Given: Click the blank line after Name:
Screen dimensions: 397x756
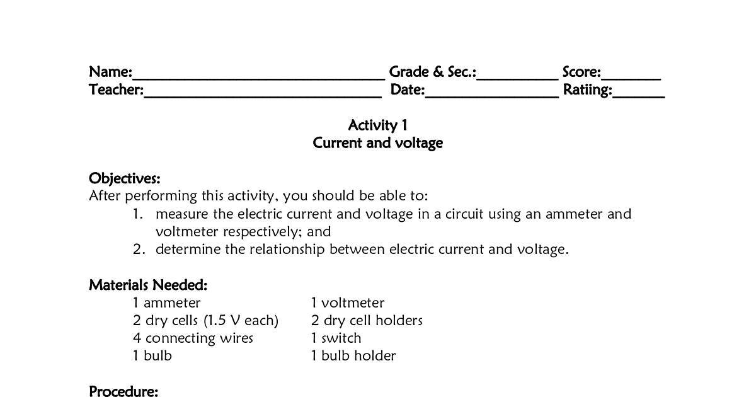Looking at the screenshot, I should pyautogui.click(x=258, y=77).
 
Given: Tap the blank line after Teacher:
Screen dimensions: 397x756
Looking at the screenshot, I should pyautogui.click(x=262, y=95).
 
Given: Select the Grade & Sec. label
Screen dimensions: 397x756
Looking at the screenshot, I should pyautogui.click(x=432, y=72).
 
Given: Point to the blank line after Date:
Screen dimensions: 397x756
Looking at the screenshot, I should pyautogui.click(x=491, y=95).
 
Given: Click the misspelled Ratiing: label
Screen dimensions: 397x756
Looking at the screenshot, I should pyautogui.click(x=587, y=90).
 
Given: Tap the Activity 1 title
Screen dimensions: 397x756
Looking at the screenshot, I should pyautogui.click(x=378, y=125).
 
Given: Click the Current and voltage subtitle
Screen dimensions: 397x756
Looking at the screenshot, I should pyautogui.click(x=378, y=143).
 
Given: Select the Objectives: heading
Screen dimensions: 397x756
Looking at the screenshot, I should pyautogui.click(x=125, y=178).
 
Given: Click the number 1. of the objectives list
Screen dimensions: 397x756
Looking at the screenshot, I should pyautogui.click(x=139, y=214).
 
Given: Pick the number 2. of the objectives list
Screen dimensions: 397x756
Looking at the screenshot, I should pyautogui.click(x=139, y=250).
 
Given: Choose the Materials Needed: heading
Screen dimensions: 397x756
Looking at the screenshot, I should pyautogui.click(x=148, y=285).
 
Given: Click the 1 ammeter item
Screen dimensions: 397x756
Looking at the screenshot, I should pyautogui.click(x=166, y=303).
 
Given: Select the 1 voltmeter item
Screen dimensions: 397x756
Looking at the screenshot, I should pyautogui.click(x=347, y=303).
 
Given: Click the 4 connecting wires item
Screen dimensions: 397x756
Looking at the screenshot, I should pyautogui.click(x=193, y=338).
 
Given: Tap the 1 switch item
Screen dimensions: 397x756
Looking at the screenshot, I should pyautogui.click(x=336, y=338).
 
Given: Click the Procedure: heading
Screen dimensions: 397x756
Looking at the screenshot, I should pyautogui.click(x=123, y=391).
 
